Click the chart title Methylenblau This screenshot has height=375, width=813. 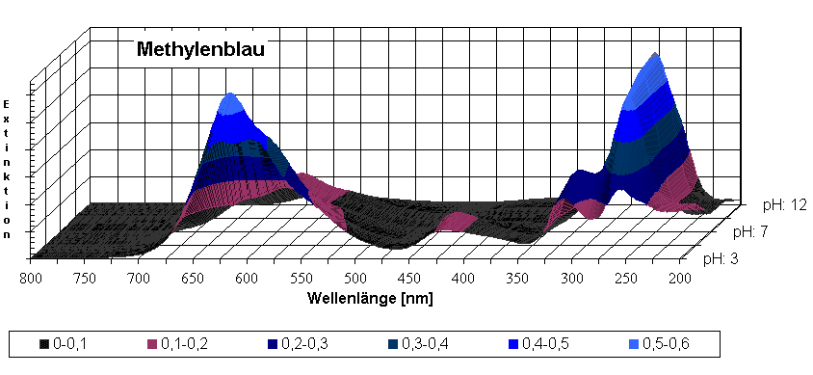point(199,49)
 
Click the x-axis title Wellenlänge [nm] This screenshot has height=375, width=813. point(370,297)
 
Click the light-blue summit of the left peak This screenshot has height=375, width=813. point(230,103)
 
